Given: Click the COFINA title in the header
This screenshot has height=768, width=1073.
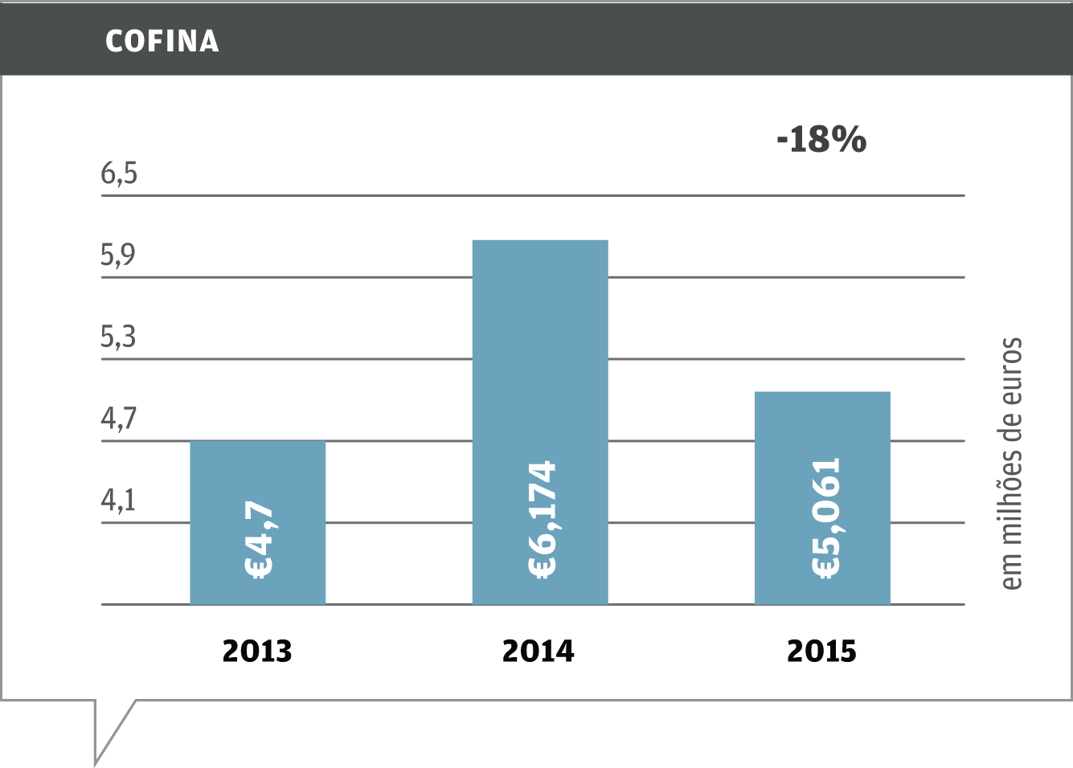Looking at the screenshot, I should click(162, 41).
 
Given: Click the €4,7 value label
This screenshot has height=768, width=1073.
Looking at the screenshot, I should click(259, 539).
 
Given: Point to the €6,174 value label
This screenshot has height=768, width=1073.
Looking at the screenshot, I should click(542, 519).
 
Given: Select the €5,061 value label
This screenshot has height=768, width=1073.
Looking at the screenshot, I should click(825, 517).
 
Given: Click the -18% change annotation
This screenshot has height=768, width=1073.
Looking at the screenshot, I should click(821, 140).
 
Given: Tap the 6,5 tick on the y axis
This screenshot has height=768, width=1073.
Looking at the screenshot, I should click(119, 174).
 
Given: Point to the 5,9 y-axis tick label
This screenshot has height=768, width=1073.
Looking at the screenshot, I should click(118, 255).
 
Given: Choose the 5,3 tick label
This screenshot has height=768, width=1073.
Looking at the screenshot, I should click(118, 337).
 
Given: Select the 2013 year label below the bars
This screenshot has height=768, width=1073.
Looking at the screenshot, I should click(257, 651).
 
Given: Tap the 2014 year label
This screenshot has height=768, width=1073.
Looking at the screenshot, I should click(539, 651).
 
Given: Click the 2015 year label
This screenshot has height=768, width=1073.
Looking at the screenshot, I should click(821, 651).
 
